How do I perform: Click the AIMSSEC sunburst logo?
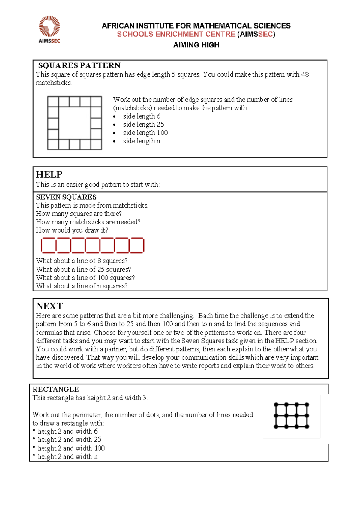tap(49, 27)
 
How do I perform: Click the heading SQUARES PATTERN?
tap(79, 65)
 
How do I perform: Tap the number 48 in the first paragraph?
tap(305, 74)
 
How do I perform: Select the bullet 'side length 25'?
tap(143, 125)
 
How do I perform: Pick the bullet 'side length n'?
tap(142, 141)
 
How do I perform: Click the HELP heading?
tap(49, 175)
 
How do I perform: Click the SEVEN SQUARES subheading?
tap(66, 197)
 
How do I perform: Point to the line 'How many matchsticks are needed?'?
tap(88, 222)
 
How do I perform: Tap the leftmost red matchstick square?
tap(49, 245)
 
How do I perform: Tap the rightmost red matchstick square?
tap(137, 245)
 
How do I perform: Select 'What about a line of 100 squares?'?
tap(85, 278)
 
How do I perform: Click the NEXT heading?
tap(49, 306)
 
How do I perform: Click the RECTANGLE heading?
tap(56, 390)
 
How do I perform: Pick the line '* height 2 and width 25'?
tap(67, 440)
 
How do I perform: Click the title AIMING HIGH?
tap(196, 45)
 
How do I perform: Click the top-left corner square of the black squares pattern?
tap(53, 102)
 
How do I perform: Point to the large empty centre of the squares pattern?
tap(75, 123)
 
